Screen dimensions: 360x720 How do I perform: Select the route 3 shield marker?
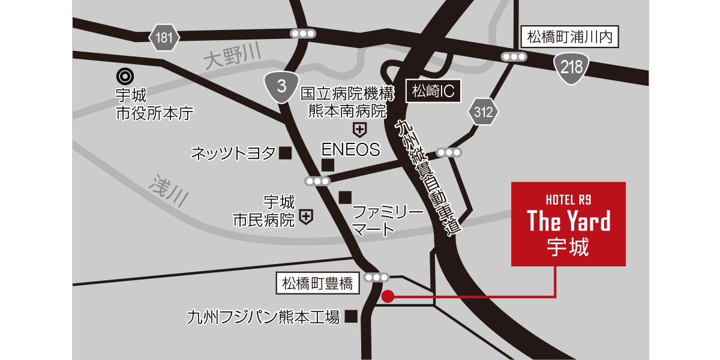[x=281, y=86]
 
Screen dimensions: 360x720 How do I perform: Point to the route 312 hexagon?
[x=483, y=112]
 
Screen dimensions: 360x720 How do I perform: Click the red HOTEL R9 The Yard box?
[x=568, y=223]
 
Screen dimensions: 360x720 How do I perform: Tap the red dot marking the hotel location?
[x=388, y=296]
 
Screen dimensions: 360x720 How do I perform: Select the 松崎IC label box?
[x=432, y=91]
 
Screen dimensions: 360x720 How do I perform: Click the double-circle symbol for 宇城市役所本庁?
[x=125, y=76]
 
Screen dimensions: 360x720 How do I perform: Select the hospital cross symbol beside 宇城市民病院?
[x=306, y=217]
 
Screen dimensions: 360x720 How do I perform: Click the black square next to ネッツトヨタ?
[x=286, y=154]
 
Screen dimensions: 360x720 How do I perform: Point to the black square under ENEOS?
[x=328, y=165]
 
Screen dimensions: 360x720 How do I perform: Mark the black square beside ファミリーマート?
[x=344, y=197]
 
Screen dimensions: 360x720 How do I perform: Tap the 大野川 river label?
[x=233, y=58]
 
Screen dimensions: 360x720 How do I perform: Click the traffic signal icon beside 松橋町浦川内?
[x=514, y=57]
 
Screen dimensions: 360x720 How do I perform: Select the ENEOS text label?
[x=350, y=149]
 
